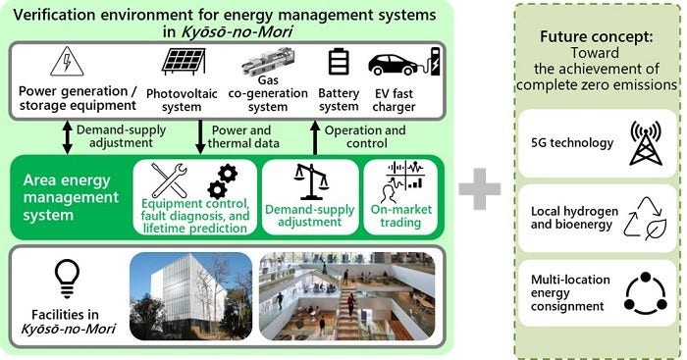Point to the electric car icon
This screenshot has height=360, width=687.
click(397, 65)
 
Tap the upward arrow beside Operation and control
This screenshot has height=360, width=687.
click(315, 137)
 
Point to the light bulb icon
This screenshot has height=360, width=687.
click(65, 276)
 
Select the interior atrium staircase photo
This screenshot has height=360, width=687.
click(347, 296)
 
